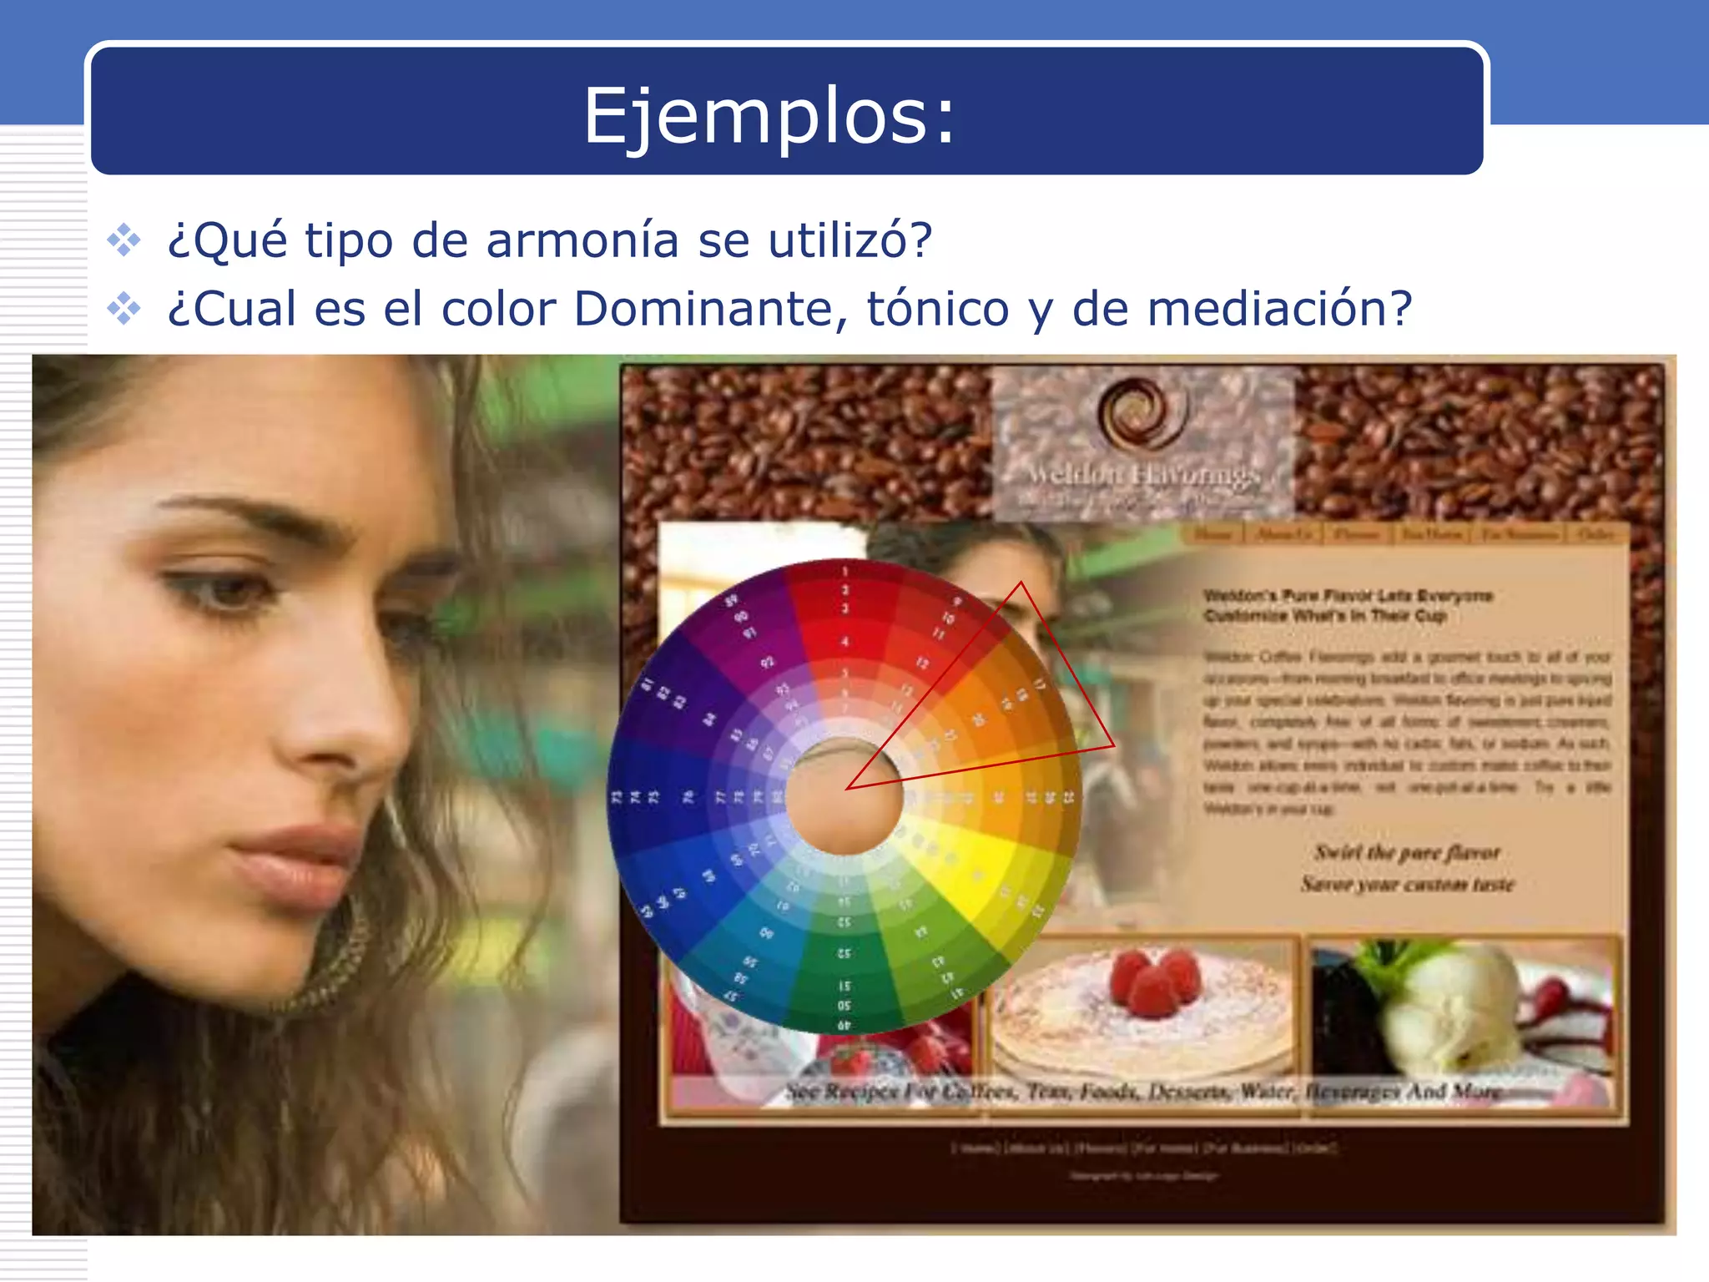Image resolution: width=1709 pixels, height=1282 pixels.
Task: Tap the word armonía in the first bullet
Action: (582, 240)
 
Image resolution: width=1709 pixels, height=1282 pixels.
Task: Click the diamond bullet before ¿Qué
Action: (124, 240)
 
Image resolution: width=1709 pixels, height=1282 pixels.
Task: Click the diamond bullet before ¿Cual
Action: (124, 309)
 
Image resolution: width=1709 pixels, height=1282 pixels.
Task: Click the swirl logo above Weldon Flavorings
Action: (1142, 413)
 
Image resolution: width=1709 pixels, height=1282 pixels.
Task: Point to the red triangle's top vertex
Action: (1021, 583)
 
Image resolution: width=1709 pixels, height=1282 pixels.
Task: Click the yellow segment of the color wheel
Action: (985, 868)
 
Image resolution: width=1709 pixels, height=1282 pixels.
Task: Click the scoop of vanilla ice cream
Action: (1452, 1002)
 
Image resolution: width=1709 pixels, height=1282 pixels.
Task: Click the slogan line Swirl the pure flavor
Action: (1407, 853)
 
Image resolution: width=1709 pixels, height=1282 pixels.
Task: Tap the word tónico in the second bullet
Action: (938, 309)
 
